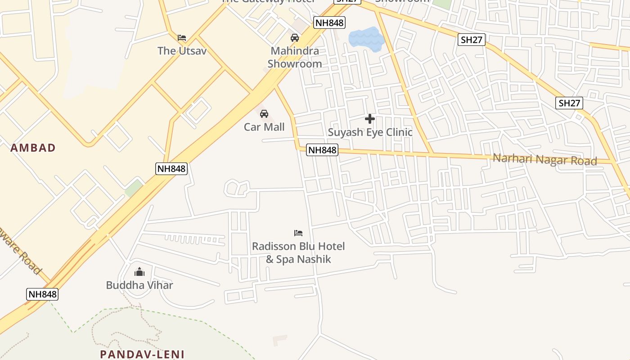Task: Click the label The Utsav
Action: (x=182, y=51)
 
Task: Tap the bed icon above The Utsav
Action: (x=182, y=37)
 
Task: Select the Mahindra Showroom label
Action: (x=295, y=57)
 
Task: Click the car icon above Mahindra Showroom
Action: (x=295, y=38)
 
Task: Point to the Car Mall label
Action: (x=264, y=127)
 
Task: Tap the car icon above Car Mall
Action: (x=264, y=113)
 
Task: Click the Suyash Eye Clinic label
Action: (x=370, y=132)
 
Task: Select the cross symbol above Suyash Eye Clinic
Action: (x=370, y=119)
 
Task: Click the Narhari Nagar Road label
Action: (x=545, y=159)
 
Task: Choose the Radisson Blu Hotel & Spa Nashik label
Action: (x=298, y=252)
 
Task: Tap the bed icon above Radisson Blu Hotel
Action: (x=298, y=233)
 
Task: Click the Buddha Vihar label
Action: (x=139, y=285)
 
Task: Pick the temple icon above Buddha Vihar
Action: (x=139, y=272)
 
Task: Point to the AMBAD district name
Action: (x=33, y=148)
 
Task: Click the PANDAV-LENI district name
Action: (x=142, y=354)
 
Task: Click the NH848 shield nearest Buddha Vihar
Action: (x=42, y=294)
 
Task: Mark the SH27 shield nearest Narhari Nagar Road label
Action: (x=569, y=103)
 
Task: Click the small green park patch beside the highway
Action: (x=134, y=188)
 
